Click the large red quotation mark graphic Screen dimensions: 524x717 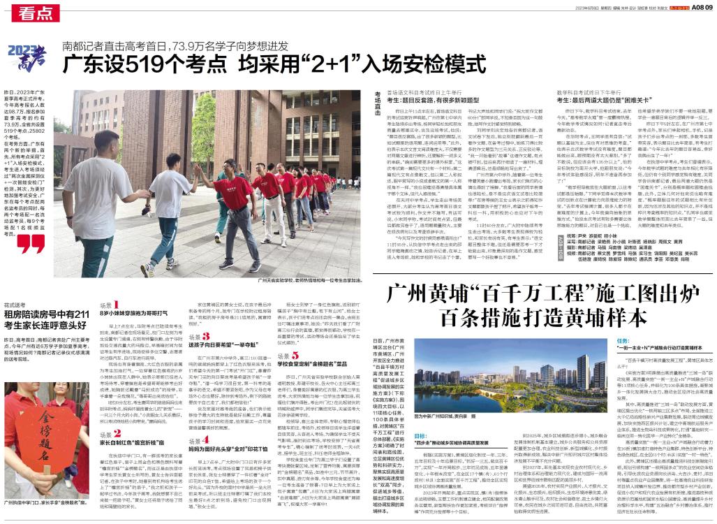[x=32, y=243]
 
